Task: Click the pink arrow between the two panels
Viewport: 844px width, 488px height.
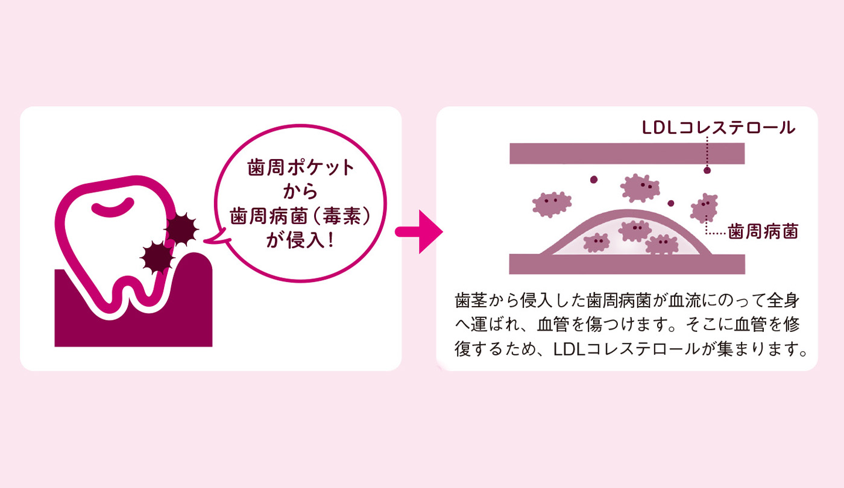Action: (x=419, y=231)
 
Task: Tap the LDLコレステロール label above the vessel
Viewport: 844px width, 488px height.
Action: (x=719, y=128)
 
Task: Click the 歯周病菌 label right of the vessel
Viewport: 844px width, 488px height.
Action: (x=763, y=231)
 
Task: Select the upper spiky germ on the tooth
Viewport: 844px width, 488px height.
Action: (x=181, y=228)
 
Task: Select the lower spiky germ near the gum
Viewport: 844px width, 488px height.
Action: (x=157, y=258)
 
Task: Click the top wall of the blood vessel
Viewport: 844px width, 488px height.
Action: (x=627, y=153)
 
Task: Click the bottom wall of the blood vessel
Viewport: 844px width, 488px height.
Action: (x=627, y=264)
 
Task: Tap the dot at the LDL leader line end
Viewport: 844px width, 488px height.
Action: (x=707, y=170)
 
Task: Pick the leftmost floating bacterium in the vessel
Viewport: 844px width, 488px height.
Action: (x=552, y=204)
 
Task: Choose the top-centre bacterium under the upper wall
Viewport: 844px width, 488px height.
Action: (x=640, y=187)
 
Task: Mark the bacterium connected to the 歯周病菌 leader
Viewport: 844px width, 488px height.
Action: (x=704, y=207)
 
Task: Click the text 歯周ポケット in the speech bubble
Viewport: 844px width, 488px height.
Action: (x=301, y=168)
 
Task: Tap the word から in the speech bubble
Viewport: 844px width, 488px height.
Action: (x=300, y=192)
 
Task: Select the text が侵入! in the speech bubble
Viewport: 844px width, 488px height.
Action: (x=300, y=240)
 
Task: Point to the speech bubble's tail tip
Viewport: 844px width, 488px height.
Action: (x=204, y=240)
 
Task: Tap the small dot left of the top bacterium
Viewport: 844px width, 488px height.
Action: (x=594, y=180)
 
